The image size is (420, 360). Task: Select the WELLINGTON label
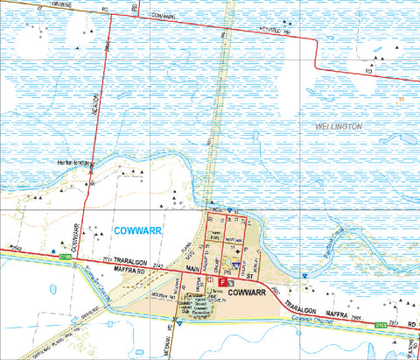337,127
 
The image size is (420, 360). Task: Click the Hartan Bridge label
77,164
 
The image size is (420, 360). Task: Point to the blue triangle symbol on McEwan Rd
178,321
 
